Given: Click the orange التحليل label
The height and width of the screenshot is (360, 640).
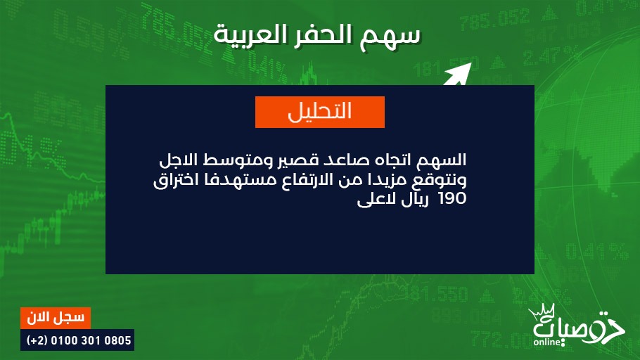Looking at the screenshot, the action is point(319,112).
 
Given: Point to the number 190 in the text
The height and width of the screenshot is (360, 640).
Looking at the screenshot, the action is point(452,198).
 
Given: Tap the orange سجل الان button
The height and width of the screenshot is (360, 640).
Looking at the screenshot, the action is point(56,318).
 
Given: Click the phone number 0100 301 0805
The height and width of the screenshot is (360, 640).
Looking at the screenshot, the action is point(91,340).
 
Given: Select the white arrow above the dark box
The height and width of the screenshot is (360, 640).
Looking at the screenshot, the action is point(458,75).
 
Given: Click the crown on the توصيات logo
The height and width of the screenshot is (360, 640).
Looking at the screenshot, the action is point(543,313).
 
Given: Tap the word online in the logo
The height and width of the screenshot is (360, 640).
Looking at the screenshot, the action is point(547,342).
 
